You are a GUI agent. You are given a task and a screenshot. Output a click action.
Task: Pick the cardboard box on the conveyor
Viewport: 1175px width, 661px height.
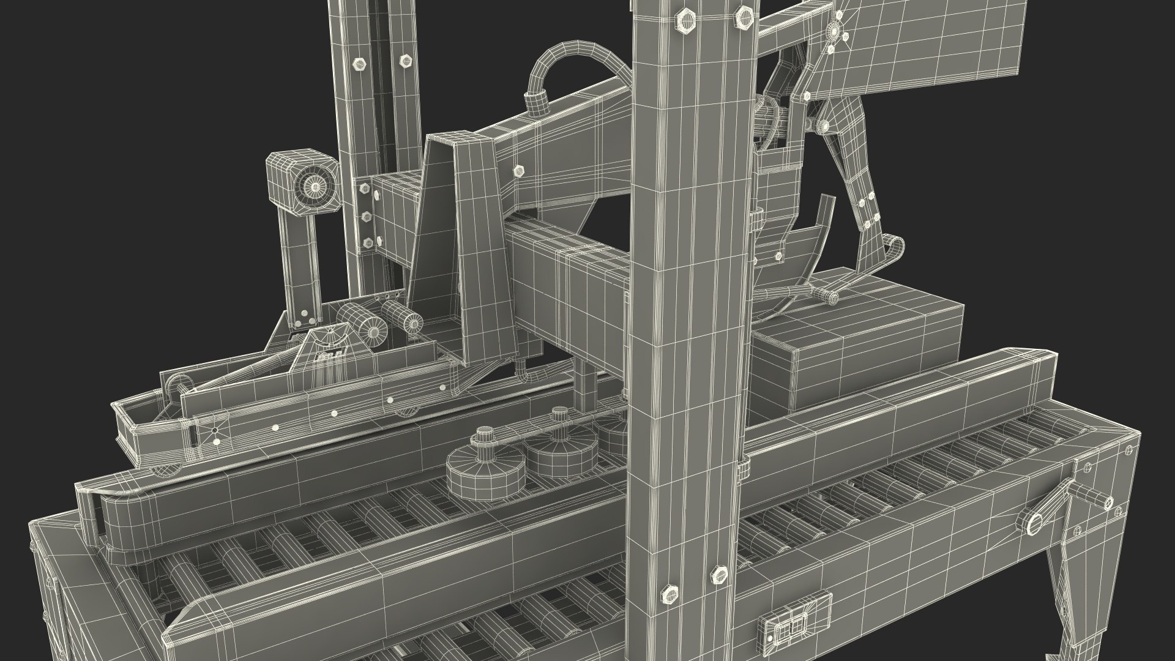857,343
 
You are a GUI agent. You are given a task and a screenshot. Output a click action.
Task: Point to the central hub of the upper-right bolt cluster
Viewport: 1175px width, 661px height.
834,31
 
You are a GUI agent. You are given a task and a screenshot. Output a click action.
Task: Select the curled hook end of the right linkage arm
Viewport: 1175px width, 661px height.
895,246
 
